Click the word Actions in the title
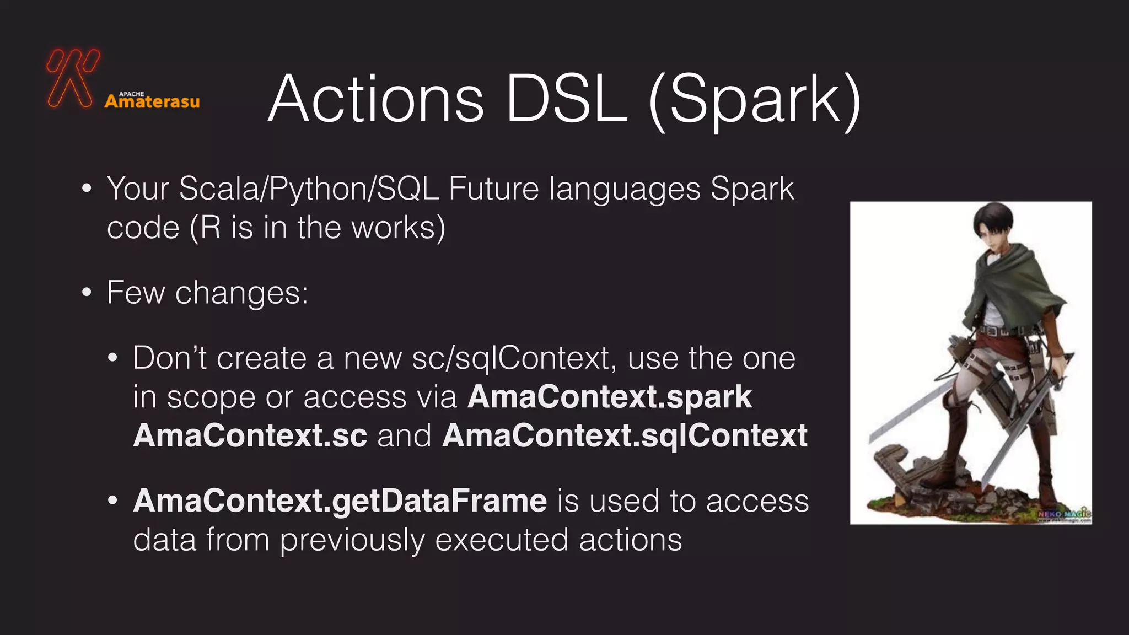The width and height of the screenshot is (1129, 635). click(375, 100)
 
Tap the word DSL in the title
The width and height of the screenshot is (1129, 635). click(566, 100)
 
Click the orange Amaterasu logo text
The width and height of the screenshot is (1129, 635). click(152, 102)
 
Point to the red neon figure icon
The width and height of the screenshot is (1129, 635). click(72, 78)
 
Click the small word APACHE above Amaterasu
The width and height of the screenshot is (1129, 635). click(131, 94)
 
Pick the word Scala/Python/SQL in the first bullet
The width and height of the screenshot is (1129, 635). click(309, 190)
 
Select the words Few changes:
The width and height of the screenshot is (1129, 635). click(207, 292)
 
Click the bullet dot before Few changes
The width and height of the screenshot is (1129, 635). click(87, 293)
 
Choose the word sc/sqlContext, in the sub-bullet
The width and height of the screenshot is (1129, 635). click(513, 358)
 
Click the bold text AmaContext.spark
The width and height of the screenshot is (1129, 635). click(609, 397)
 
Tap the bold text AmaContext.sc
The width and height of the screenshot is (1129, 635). click(250, 435)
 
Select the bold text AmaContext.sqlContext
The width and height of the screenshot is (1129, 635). click(625, 435)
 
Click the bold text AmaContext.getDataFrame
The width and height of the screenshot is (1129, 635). click(340, 501)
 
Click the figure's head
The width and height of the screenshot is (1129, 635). click(992, 226)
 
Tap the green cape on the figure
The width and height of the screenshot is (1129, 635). click(1009, 287)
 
